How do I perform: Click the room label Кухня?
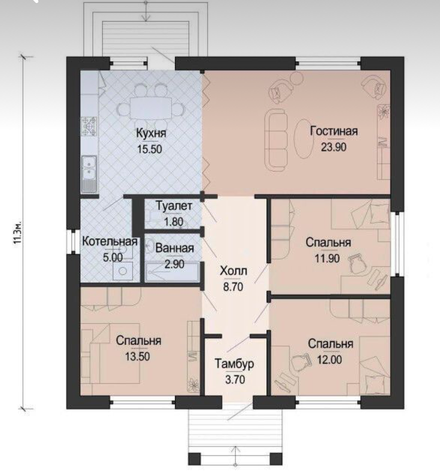tap(151, 133)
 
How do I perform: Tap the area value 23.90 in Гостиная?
tap(334, 147)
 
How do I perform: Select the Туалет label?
tap(174, 206)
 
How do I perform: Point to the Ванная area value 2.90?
tap(174, 264)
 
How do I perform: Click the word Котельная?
tap(110, 242)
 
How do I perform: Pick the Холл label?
tap(234, 271)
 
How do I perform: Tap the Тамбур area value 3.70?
tap(235, 379)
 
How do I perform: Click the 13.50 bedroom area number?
tap(138, 357)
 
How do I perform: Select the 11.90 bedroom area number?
tap(327, 258)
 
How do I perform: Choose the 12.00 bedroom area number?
tap(329, 360)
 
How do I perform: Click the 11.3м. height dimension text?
tap(18, 233)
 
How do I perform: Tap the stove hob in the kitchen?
tap(90, 126)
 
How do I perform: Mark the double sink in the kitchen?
tap(89, 174)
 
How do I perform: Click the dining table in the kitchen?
tap(151, 108)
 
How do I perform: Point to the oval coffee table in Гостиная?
tap(303, 139)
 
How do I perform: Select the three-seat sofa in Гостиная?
tap(276, 140)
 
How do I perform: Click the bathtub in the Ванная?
tap(172, 272)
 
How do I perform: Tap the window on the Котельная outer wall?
tap(73, 242)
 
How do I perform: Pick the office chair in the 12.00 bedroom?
tap(301, 362)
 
